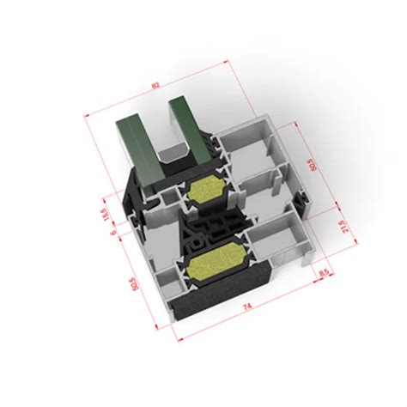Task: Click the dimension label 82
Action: tap(155, 84)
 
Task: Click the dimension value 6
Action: tap(112, 233)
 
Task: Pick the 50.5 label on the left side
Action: tap(131, 284)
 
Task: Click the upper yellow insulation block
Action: tap(206, 191)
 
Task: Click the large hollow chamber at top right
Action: tap(249, 155)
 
